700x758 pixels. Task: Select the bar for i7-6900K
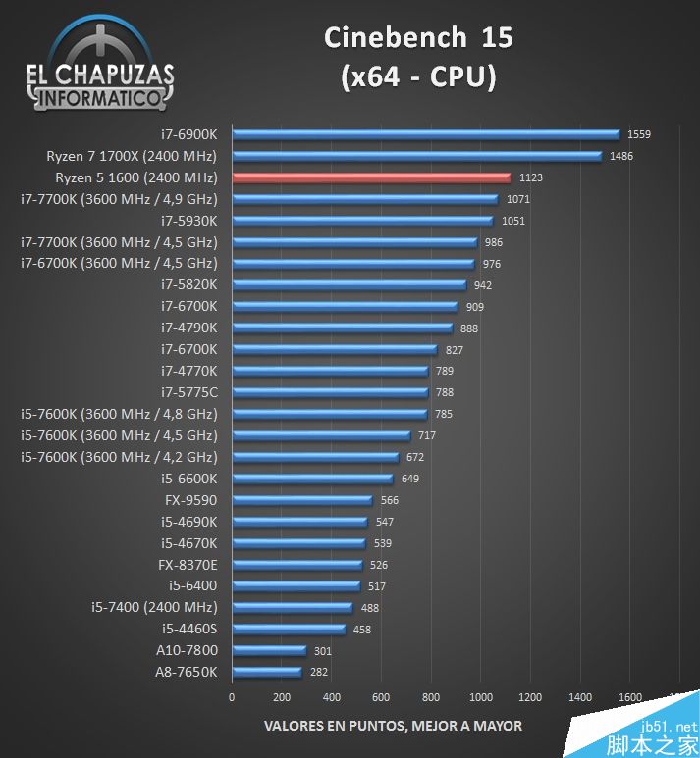tap(425, 134)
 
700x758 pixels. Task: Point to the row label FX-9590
tap(191, 500)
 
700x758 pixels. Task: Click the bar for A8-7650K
tap(266, 672)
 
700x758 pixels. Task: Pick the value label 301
tap(323, 650)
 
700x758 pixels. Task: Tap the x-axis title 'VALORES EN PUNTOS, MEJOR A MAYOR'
tap(393, 726)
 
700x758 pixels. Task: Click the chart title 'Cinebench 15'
tap(419, 38)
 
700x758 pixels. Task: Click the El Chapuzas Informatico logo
tap(101, 64)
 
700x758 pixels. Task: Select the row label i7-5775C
tap(189, 392)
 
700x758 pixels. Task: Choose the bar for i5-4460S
tap(289, 629)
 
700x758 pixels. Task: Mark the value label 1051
tap(512, 221)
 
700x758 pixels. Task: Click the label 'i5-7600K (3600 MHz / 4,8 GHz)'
tap(119, 414)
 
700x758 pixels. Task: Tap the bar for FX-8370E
tap(296, 565)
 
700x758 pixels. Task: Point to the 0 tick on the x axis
tap(232, 697)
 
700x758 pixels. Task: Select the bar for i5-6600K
tap(312, 479)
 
